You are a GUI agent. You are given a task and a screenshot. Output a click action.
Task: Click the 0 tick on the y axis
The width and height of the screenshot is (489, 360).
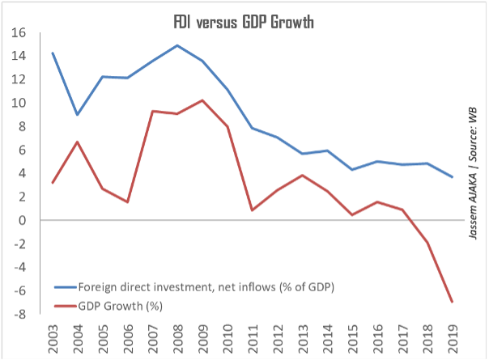coord(23,221)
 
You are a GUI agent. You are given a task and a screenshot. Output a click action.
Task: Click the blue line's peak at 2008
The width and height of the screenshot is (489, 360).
coord(178,45)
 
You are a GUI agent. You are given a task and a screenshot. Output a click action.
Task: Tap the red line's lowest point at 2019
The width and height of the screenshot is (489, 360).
coord(451,302)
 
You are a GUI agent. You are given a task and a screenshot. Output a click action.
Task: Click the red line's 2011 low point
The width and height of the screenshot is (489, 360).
coord(253,210)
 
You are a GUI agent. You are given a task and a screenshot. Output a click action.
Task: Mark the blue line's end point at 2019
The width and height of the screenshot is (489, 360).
coord(451,176)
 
